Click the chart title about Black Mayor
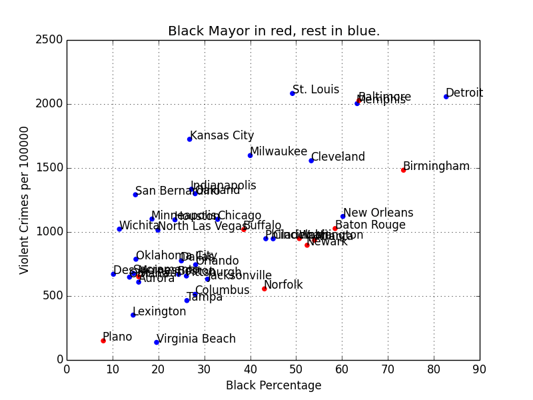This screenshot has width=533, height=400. (274, 31)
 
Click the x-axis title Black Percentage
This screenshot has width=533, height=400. (273, 385)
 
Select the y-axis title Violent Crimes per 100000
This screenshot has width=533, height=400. (25, 200)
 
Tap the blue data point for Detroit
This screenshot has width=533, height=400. (446, 97)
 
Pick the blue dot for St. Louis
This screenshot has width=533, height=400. (292, 93)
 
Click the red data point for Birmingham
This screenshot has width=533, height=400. (403, 170)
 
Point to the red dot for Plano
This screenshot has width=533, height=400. (103, 341)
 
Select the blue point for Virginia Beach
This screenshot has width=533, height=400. (157, 343)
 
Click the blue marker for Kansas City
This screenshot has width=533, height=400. (190, 139)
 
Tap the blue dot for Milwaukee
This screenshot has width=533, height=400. (251, 155)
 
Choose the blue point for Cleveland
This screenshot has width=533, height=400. (311, 161)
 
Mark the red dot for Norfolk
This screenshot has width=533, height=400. (265, 289)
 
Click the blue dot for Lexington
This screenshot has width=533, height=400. (133, 315)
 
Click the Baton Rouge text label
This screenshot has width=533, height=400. (360, 225)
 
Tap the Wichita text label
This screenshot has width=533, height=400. (139, 225)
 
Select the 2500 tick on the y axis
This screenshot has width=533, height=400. (51, 40)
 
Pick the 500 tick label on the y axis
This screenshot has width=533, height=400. (54, 296)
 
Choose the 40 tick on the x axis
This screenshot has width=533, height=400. (251, 368)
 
